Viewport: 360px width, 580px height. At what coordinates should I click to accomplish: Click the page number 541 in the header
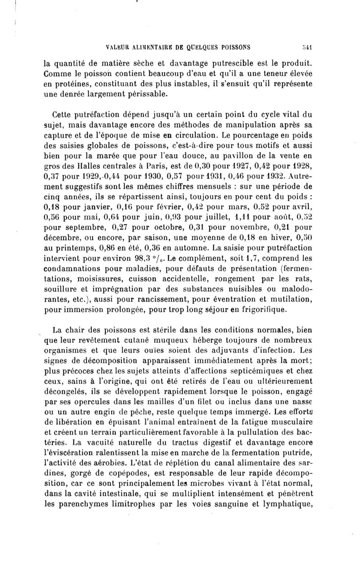pyautogui.click(x=307, y=46)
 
